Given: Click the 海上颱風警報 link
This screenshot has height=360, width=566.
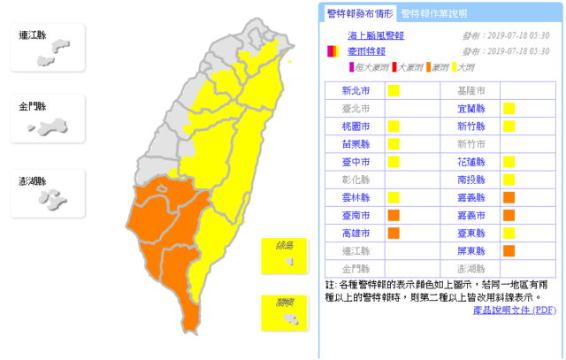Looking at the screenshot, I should (x=375, y=35).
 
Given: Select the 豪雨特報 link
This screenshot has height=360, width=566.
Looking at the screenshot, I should (x=363, y=51).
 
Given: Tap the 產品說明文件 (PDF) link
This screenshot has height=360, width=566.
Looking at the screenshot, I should (x=513, y=310).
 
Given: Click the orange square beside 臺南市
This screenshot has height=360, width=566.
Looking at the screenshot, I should (x=393, y=215).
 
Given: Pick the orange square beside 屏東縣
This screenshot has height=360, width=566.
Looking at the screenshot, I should (x=509, y=251).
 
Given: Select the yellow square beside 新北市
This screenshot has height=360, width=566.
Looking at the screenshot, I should (x=393, y=90).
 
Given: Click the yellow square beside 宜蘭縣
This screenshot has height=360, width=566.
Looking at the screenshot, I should (x=509, y=108).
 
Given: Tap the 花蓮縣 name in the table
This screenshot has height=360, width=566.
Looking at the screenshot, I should (x=470, y=162).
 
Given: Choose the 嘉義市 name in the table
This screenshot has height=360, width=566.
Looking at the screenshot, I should (x=470, y=215).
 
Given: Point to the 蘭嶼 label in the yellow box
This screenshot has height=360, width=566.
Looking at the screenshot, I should (x=284, y=303).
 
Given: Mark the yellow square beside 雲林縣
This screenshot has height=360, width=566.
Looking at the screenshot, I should (x=393, y=197).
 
